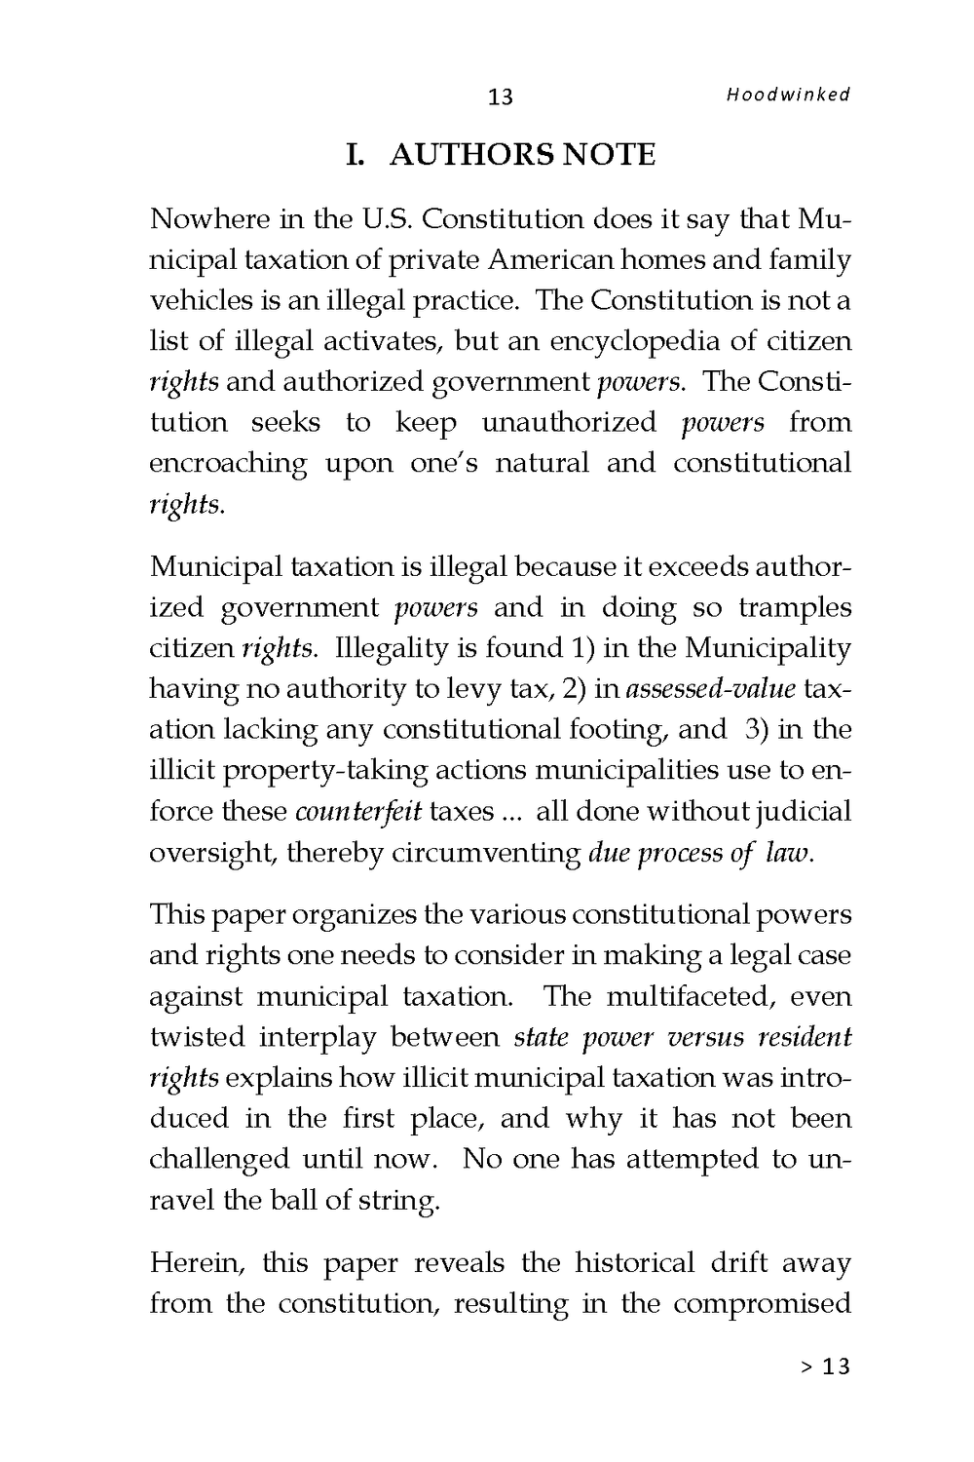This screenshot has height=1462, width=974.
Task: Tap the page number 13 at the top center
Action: [x=500, y=96]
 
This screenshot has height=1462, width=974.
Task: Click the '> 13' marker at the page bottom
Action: [x=825, y=1366]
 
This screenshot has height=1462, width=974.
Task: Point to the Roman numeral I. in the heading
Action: [x=355, y=155]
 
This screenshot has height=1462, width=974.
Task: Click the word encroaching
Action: [x=228, y=463]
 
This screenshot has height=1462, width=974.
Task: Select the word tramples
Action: [x=795, y=608]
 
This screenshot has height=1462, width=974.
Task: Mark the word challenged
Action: [x=218, y=1159]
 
